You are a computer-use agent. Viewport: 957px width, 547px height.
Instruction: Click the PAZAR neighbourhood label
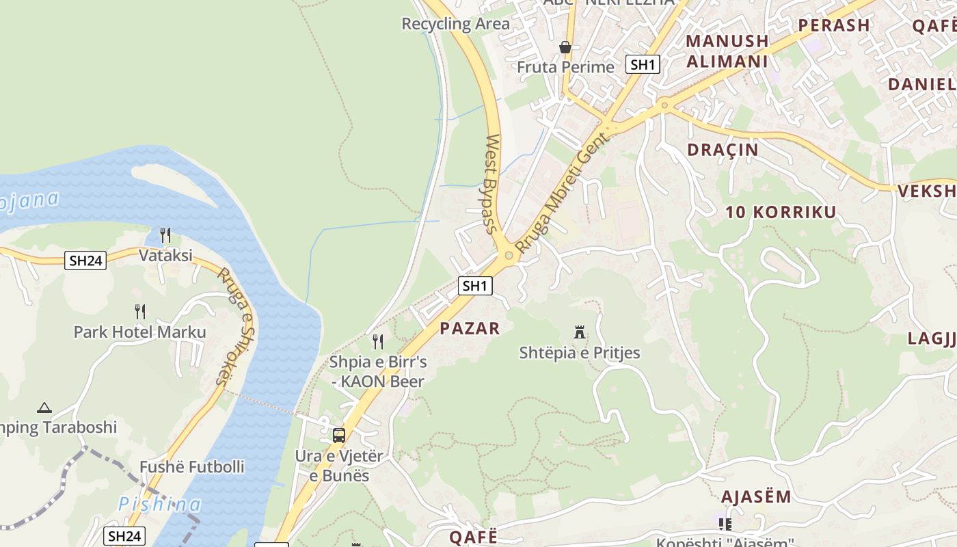(470, 328)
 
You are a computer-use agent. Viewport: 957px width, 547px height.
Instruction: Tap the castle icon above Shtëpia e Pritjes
(580, 333)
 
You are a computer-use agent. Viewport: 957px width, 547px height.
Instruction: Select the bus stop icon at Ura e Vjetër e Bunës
(339, 435)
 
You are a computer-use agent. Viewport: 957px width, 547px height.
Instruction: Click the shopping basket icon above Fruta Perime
(565, 47)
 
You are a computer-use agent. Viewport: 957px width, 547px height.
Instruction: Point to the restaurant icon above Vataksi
(165, 235)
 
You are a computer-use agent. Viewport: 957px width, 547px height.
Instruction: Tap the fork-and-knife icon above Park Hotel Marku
(140, 312)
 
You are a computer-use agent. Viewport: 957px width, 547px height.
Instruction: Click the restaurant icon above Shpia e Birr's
(377, 341)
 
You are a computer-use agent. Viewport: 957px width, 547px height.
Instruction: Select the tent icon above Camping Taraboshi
(44, 408)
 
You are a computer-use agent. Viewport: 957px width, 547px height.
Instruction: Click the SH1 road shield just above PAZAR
(475, 286)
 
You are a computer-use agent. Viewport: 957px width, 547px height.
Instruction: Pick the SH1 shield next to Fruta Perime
(643, 65)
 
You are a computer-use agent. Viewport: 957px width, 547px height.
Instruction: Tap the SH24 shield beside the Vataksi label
(85, 260)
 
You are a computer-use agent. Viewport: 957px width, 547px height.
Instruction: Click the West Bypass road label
(492, 184)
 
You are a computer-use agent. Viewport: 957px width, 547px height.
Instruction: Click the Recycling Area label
(455, 24)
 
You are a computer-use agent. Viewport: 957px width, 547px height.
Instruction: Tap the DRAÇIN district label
(723, 150)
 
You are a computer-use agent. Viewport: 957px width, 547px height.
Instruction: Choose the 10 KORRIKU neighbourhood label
(781, 212)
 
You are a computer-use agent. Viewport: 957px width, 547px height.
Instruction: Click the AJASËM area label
(756, 496)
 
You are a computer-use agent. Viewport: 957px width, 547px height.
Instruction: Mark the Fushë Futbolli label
(191, 467)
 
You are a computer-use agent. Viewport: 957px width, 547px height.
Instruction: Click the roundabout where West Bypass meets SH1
(509, 256)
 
